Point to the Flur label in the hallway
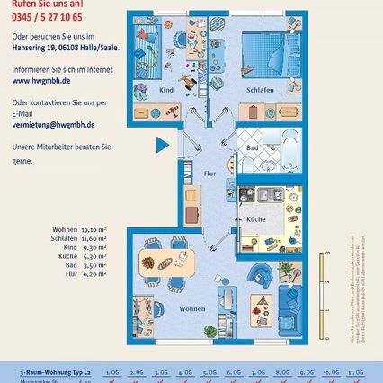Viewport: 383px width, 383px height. (x=209, y=172)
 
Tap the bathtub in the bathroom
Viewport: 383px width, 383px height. (x=291, y=145)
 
